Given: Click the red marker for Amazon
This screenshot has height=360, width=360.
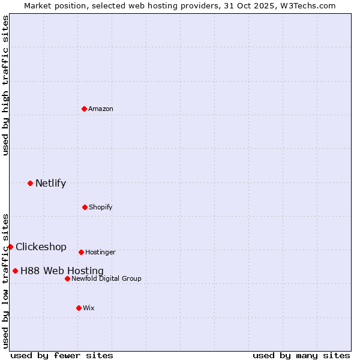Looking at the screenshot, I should tap(85, 109).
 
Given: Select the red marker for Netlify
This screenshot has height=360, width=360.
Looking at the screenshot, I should tap(30, 183).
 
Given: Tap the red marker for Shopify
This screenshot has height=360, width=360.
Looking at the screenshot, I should tap(85, 207).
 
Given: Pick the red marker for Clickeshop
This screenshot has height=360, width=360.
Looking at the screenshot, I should tap(10, 247).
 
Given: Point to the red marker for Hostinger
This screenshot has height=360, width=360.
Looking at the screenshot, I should tap(81, 252).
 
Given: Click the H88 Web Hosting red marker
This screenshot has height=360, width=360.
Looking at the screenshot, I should tap(15, 271).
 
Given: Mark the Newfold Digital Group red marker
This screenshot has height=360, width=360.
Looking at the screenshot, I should tap(67, 278).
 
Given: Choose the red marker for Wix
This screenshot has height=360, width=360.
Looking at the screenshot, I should tap(79, 308).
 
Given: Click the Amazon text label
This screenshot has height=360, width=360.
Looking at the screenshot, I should tap(101, 109).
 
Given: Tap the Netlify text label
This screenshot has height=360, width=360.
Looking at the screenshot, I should tap(50, 183).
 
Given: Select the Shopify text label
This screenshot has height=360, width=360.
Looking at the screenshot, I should tap(101, 207).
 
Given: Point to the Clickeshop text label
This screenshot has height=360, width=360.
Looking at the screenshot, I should tap(41, 247).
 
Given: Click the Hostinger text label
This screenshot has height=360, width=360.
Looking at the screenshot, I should tap(100, 252).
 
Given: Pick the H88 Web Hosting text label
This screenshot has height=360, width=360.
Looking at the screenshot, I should tap(62, 271).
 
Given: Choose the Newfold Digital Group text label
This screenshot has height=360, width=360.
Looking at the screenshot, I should tap(106, 278).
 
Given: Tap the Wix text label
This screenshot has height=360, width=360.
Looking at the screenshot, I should tap(89, 308).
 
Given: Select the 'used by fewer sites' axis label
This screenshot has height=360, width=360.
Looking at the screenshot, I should tap(62, 355).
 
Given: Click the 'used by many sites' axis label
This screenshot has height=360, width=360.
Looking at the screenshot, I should tap(301, 355).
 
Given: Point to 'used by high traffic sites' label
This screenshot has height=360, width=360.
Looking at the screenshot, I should tap(5, 85).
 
